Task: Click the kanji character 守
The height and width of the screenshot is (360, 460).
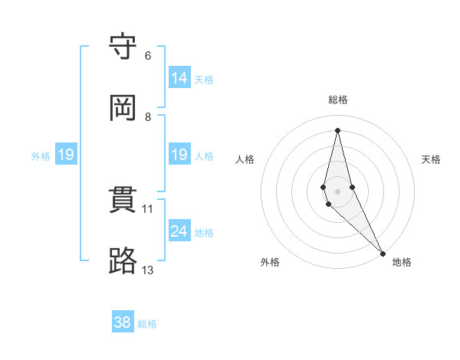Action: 123,47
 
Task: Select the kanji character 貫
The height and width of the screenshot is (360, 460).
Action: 123,200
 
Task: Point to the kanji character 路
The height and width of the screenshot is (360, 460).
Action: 123,261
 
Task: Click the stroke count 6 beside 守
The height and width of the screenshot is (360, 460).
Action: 148,55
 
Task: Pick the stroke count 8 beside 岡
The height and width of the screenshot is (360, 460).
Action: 148,116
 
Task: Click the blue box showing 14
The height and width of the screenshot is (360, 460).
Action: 179,78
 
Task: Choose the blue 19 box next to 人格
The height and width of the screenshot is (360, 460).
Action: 179,155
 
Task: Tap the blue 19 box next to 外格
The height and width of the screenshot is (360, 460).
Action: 66,155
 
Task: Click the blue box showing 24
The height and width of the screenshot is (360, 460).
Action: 179,231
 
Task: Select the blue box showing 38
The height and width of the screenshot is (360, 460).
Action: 123,322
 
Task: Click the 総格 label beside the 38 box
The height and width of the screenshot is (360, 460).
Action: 147,324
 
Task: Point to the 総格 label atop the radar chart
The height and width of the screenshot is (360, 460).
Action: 338,100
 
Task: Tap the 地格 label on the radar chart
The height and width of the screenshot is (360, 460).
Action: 402,263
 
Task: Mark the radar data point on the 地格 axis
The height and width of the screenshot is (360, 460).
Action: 383,253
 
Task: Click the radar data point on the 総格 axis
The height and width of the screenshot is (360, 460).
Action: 338,130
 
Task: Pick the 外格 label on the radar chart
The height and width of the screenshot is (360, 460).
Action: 270,263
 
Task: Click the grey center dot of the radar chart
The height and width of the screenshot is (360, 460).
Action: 338,191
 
